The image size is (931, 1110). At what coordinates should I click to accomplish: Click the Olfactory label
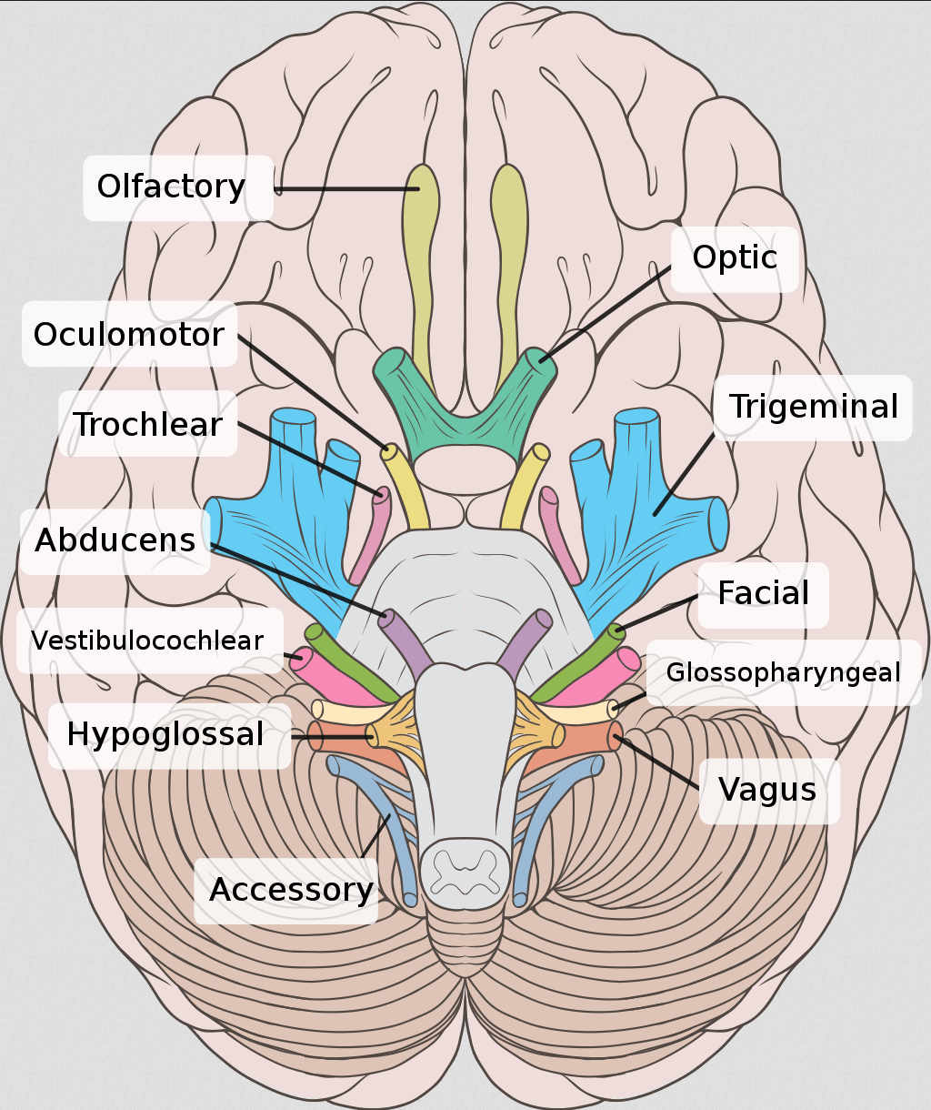(x=172, y=187)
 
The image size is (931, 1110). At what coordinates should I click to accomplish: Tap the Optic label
(x=735, y=258)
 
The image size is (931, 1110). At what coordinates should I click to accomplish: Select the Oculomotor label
(x=129, y=335)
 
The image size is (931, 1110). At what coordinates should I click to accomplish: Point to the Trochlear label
(x=148, y=424)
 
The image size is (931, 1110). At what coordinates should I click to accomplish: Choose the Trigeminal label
(x=814, y=407)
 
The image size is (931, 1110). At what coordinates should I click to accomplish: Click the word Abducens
(x=115, y=540)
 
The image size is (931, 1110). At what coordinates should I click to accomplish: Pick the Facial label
(x=763, y=594)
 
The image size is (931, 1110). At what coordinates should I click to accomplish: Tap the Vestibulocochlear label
(x=147, y=641)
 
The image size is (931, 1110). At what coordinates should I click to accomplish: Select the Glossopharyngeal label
(x=783, y=673)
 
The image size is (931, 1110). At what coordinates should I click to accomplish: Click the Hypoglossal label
(x=165, y=734)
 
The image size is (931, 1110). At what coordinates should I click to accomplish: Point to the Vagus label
(x=767, y=790)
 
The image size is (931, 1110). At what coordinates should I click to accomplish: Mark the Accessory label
(x=291, y=890)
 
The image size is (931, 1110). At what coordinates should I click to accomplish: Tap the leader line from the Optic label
(x=604, y=315)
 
